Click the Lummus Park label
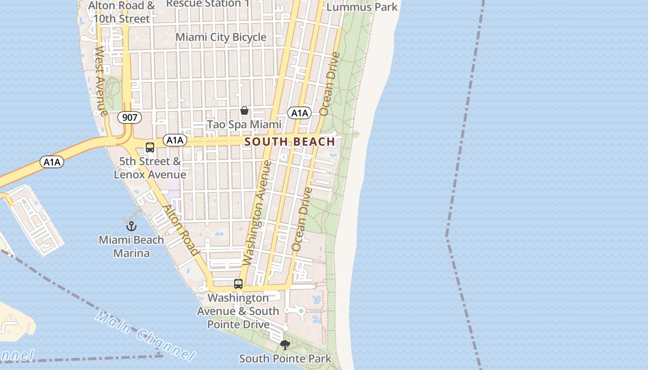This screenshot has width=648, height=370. point(362,7)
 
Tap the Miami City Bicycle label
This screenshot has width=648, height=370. point(221,37)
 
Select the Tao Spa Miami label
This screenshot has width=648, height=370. point(244,124)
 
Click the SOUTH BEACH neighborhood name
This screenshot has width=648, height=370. point(290,142)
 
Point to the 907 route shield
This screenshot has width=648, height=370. point(130,117)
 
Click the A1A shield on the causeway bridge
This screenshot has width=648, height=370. point(52,162)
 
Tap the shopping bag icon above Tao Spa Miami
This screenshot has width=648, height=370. point(244,111)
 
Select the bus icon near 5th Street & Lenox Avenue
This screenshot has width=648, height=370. point(150,148)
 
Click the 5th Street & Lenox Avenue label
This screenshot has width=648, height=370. point(150,168)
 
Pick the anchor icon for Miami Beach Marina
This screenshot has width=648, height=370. point(131,226)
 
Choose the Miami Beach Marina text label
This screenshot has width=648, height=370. point(131,247)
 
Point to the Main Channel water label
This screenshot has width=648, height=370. point(144,336)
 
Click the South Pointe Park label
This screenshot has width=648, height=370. point(285,358)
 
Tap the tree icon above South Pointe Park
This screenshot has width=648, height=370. point(285,345)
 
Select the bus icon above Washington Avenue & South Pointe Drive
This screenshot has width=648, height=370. point(238,284)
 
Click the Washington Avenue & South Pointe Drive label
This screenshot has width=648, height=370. point(238,311)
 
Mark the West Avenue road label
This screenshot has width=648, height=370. point(101,81)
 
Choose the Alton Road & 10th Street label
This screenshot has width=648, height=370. point(122,12)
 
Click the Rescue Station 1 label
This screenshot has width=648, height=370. point(208,4)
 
